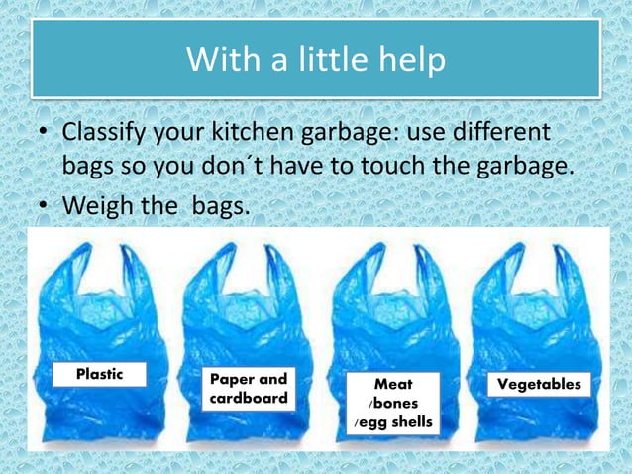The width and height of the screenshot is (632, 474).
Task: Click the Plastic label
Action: click(x=100, y=374)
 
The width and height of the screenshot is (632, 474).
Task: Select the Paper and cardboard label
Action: click(x=250, y=389)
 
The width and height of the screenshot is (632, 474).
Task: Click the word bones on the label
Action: click(x=396, y=404)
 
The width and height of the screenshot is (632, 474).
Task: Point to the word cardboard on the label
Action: click(x=250, y=399)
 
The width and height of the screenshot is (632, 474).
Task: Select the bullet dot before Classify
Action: click(x=44, y=132)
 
